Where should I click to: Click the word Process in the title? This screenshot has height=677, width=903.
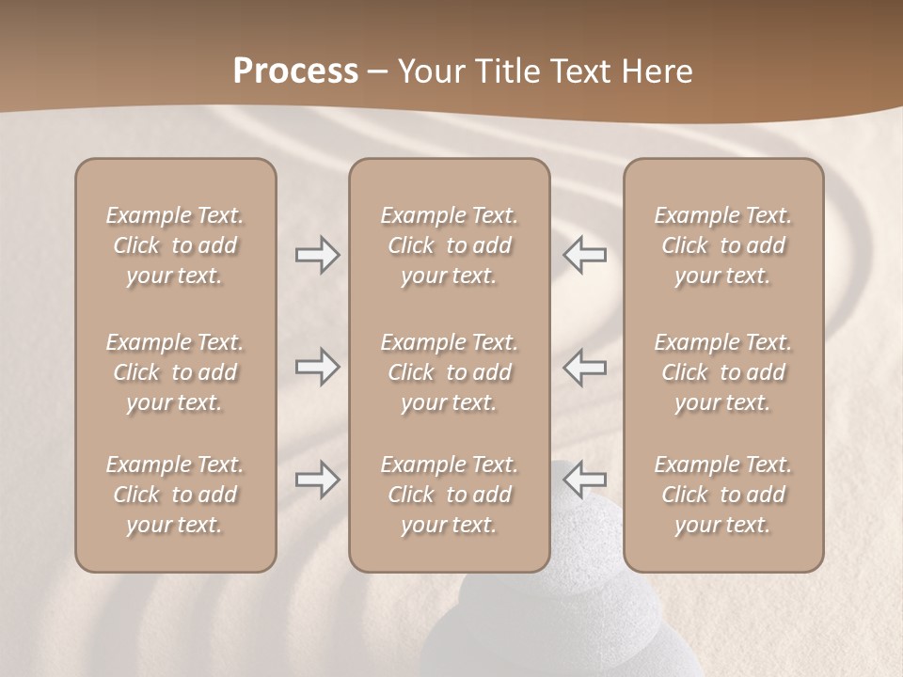coord(295,71)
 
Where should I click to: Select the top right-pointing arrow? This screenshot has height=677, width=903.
coord(317,255)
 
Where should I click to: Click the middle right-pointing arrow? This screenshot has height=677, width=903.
coord(317,367)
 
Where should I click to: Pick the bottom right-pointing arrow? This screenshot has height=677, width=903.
coord(317,480)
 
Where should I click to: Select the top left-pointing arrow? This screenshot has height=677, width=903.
coord(585,255)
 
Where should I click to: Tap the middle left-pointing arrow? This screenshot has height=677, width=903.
coord(585,367)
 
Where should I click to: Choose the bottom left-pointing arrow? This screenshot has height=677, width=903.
coord(585,480)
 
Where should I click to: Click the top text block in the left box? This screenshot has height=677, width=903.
coord(175,245)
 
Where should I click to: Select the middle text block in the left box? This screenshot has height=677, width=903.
coord(175,372)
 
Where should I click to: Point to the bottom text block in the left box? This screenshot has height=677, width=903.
coord(175,495)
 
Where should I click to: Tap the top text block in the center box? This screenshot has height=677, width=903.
coord(449,245)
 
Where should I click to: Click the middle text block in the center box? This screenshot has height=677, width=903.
coord(449,372)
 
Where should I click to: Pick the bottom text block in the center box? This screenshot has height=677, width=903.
coord(449,495)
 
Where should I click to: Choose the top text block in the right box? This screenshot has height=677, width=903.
coord(723,245)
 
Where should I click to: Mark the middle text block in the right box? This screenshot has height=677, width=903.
coord(723,372)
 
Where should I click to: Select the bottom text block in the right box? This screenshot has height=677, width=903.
coord(723,495)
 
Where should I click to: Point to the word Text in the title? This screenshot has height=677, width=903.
coord(580,71)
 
